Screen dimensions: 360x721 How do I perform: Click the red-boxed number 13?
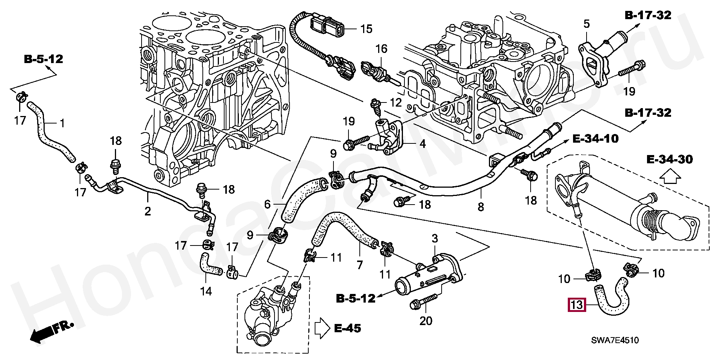coord(576,304)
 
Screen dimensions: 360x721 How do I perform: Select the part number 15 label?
coord(366,29)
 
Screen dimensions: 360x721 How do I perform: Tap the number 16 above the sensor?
coord(381,49)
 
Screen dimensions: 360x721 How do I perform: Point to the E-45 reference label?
coord(347,328)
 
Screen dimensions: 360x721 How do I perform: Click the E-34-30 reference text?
coord(670,159)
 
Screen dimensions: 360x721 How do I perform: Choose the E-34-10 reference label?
coord(595,139)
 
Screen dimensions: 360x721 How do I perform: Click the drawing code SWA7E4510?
coord(615,340)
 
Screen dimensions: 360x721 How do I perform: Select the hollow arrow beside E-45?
coord(321,328)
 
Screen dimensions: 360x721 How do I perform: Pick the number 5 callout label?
coord(587,24)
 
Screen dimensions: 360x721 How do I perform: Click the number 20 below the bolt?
coord(426,321)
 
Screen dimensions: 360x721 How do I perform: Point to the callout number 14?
coord(206,291)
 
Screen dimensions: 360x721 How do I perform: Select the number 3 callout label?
coord(435,238)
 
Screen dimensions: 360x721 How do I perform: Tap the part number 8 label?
coord(481,206)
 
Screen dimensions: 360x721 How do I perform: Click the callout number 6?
coord(267,204)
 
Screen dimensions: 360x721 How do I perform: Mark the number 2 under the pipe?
coord(148,211)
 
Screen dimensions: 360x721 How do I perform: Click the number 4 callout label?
coord(422,144)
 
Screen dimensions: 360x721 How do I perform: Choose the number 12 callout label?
coord(396,102)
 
